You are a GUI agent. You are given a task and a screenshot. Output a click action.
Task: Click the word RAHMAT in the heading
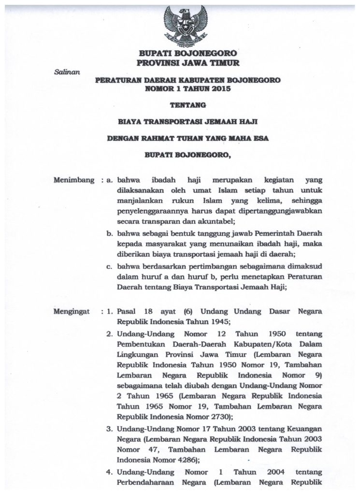(164, 139)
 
